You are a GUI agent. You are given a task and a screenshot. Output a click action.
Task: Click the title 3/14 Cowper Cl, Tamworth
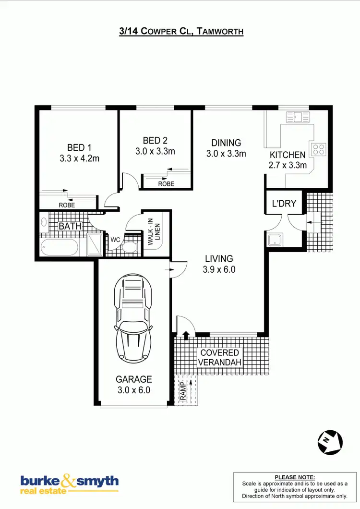point(181,32)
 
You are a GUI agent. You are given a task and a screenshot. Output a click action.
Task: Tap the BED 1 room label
point(79,147)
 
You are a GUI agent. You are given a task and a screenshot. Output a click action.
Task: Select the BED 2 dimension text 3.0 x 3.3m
point(156,151)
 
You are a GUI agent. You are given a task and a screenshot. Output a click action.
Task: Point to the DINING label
point(226,143)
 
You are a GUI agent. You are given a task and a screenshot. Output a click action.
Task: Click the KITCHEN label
point(288,155)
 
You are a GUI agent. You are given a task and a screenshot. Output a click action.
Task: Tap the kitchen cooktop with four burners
point(319,149)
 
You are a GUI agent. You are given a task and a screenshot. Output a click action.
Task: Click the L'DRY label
point(285,204)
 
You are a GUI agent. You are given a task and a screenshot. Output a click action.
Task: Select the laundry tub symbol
point(275,240)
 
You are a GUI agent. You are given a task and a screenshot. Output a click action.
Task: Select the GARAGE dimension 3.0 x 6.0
point(134,390)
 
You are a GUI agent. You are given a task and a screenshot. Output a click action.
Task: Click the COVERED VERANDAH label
point(220,357)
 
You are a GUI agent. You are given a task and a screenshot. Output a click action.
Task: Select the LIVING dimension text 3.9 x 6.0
point(219,269)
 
